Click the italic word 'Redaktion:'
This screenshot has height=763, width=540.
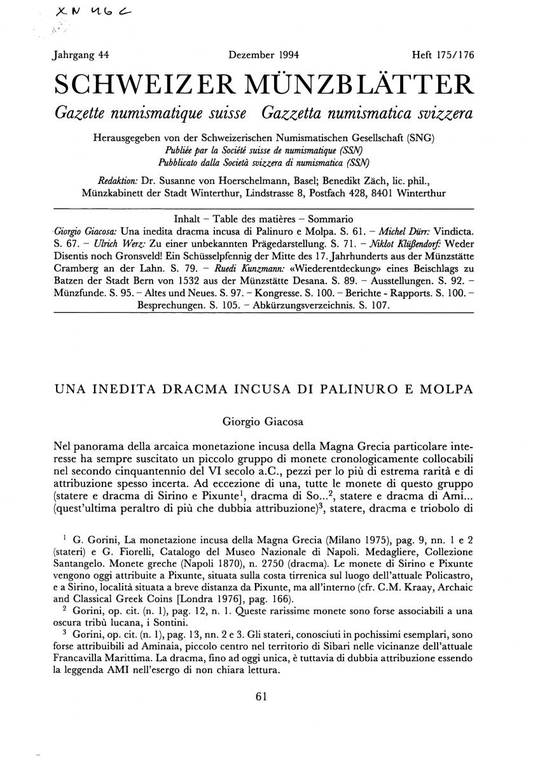tap(120, 179)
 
